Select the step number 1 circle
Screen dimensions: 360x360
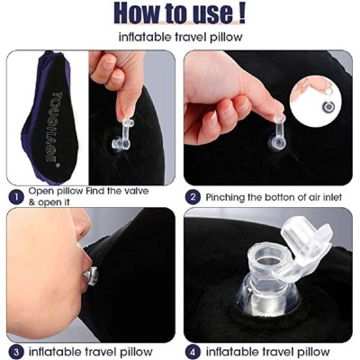[x=16, y=194]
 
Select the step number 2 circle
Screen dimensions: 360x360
[x=193, y=196]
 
